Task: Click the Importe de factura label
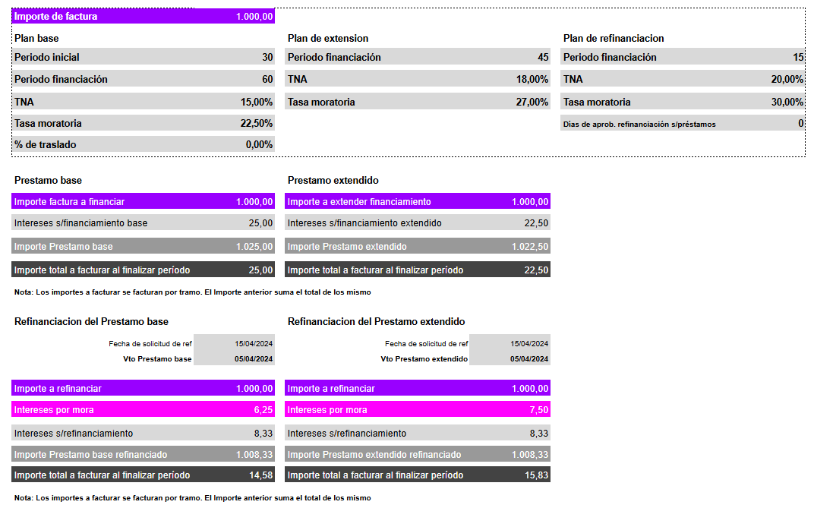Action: tap(56, 17)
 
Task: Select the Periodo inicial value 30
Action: tap(267, 58)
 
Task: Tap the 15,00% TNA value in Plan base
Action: tap(257, 102)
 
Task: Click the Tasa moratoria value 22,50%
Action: tap(257, 123)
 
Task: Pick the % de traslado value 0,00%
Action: tap(259, 144)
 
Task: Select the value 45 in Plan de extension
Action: tap(542, 58)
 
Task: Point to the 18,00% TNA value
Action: tap(532, 80)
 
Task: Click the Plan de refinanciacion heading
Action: tap(614, 38)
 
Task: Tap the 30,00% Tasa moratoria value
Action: tap(787, 102)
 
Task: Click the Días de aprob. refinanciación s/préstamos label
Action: tap(639, 124)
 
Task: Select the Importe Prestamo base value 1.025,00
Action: tap(254, 247)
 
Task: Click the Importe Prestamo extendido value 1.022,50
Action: tap(530, 247)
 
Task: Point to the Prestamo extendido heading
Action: tap(333, 181)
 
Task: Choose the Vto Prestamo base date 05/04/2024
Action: tap(254, 359)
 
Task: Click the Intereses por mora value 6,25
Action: tap(263, 410)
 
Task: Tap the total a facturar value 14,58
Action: tap(260, 475)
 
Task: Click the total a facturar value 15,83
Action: tap(536, 475)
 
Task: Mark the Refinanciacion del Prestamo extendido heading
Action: tap(376, 322)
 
